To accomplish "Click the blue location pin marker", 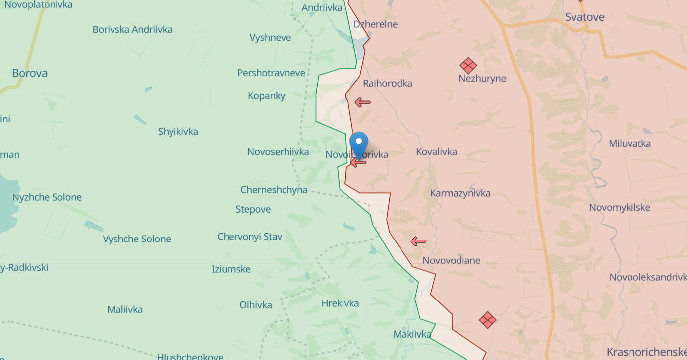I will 359,144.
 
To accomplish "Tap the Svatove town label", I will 585,17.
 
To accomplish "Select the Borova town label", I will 30,73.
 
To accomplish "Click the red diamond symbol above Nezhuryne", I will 468,65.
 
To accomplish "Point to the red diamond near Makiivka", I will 488,320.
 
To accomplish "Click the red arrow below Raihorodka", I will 362,103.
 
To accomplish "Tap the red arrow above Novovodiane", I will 418,241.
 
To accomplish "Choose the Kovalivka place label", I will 436,152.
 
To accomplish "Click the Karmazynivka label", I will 460,193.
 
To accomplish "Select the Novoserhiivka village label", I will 278,152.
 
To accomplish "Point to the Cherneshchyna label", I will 274,190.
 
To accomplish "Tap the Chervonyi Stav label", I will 249,237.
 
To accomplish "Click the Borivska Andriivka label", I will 132,29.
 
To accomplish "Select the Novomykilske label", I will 619,208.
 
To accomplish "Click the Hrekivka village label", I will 340,303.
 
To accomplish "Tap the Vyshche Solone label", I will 137,239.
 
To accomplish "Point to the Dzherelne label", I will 376,24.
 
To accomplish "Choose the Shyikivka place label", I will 178,132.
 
